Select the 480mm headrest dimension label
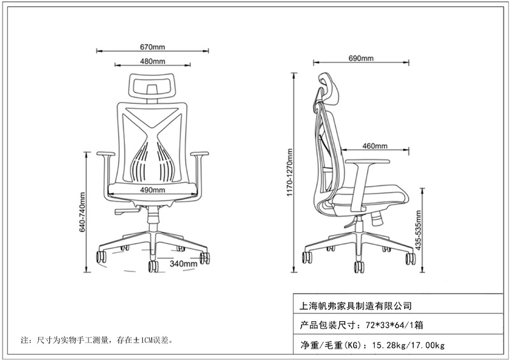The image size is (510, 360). click(x=152, y=62)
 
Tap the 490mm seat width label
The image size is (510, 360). click(x=153, y=190)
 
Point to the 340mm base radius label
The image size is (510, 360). click(x=182, y=263)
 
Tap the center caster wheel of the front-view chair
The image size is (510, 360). click(x=153, y=267)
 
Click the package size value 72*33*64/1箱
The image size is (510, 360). click(x=393, y=326)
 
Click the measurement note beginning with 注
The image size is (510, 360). click(x=96, y=341)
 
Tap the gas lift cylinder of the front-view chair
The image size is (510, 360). click(x=153, y=221)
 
